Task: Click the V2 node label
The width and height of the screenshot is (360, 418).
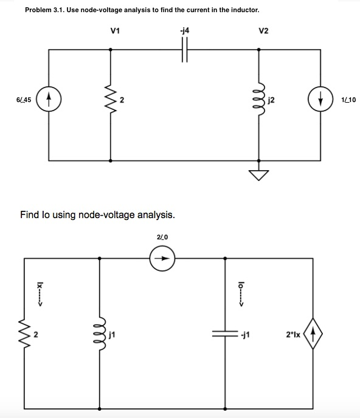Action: tap(263, 30)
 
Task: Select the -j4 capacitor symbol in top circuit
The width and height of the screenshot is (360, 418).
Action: tap(185, 50)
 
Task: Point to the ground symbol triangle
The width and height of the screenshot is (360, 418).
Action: tap(260, 175)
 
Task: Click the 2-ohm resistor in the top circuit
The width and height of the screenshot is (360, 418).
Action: tap(110, 100)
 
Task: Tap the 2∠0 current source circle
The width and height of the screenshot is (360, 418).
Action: tap(162, 258)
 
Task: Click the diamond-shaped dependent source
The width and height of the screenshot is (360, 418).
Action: tap(313, 333)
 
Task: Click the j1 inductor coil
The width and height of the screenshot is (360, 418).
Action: tap(99, 333)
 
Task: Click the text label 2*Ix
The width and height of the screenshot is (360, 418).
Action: tap(292, 333)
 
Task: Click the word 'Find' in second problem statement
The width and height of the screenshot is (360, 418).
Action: tap(31, 214)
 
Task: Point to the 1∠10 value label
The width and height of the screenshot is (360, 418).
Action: tap(349, 100)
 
